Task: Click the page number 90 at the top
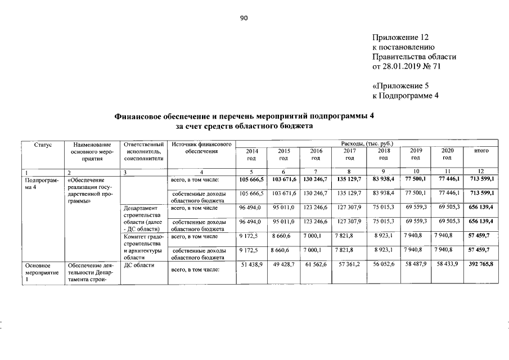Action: tap(244, 19)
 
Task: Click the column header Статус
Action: tap(43, 145)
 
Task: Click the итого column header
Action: tap(481, 151)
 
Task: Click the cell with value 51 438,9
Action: tap(251, 264)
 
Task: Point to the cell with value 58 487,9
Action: tap(416, 264)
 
